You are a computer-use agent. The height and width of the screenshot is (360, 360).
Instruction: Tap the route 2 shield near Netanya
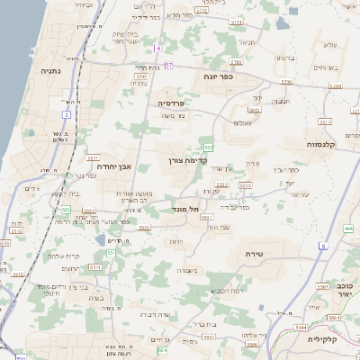point(67,114)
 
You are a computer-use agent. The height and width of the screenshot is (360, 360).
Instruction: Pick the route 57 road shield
point(169,66)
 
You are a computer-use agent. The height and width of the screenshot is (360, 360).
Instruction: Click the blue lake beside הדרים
point(99,240)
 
